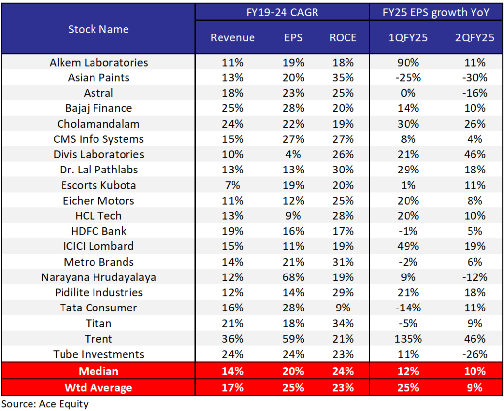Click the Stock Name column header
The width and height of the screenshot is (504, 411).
pos(98,29)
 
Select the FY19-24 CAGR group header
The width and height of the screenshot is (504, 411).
pos(282,12)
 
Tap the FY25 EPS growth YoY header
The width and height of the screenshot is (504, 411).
pos(436,12)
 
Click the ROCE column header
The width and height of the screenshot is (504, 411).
pos(343,38)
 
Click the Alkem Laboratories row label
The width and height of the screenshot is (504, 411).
pos(98,62)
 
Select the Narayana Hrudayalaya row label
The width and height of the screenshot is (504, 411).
pos(98,277)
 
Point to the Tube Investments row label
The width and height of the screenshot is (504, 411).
pos(98,354)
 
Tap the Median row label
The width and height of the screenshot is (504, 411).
pos(98,370)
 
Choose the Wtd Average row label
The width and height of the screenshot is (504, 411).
pos(98,387)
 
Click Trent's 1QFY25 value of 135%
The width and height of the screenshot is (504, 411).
pos(407,339)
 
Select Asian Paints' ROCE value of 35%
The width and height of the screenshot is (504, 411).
pos(343,77)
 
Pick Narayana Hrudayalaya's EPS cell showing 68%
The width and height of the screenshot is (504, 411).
pos(294,277)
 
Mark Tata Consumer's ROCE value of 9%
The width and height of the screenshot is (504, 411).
pos(343,308)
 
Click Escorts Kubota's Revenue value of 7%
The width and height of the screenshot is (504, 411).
pos(233,185)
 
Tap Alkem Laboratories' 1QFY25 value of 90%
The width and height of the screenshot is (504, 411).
pos(407,62)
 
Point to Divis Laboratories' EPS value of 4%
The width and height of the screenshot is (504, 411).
pos(294,154)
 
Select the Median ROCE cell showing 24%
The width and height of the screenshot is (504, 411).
pos(343,370)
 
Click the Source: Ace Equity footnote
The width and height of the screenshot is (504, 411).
pos(45,404)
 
